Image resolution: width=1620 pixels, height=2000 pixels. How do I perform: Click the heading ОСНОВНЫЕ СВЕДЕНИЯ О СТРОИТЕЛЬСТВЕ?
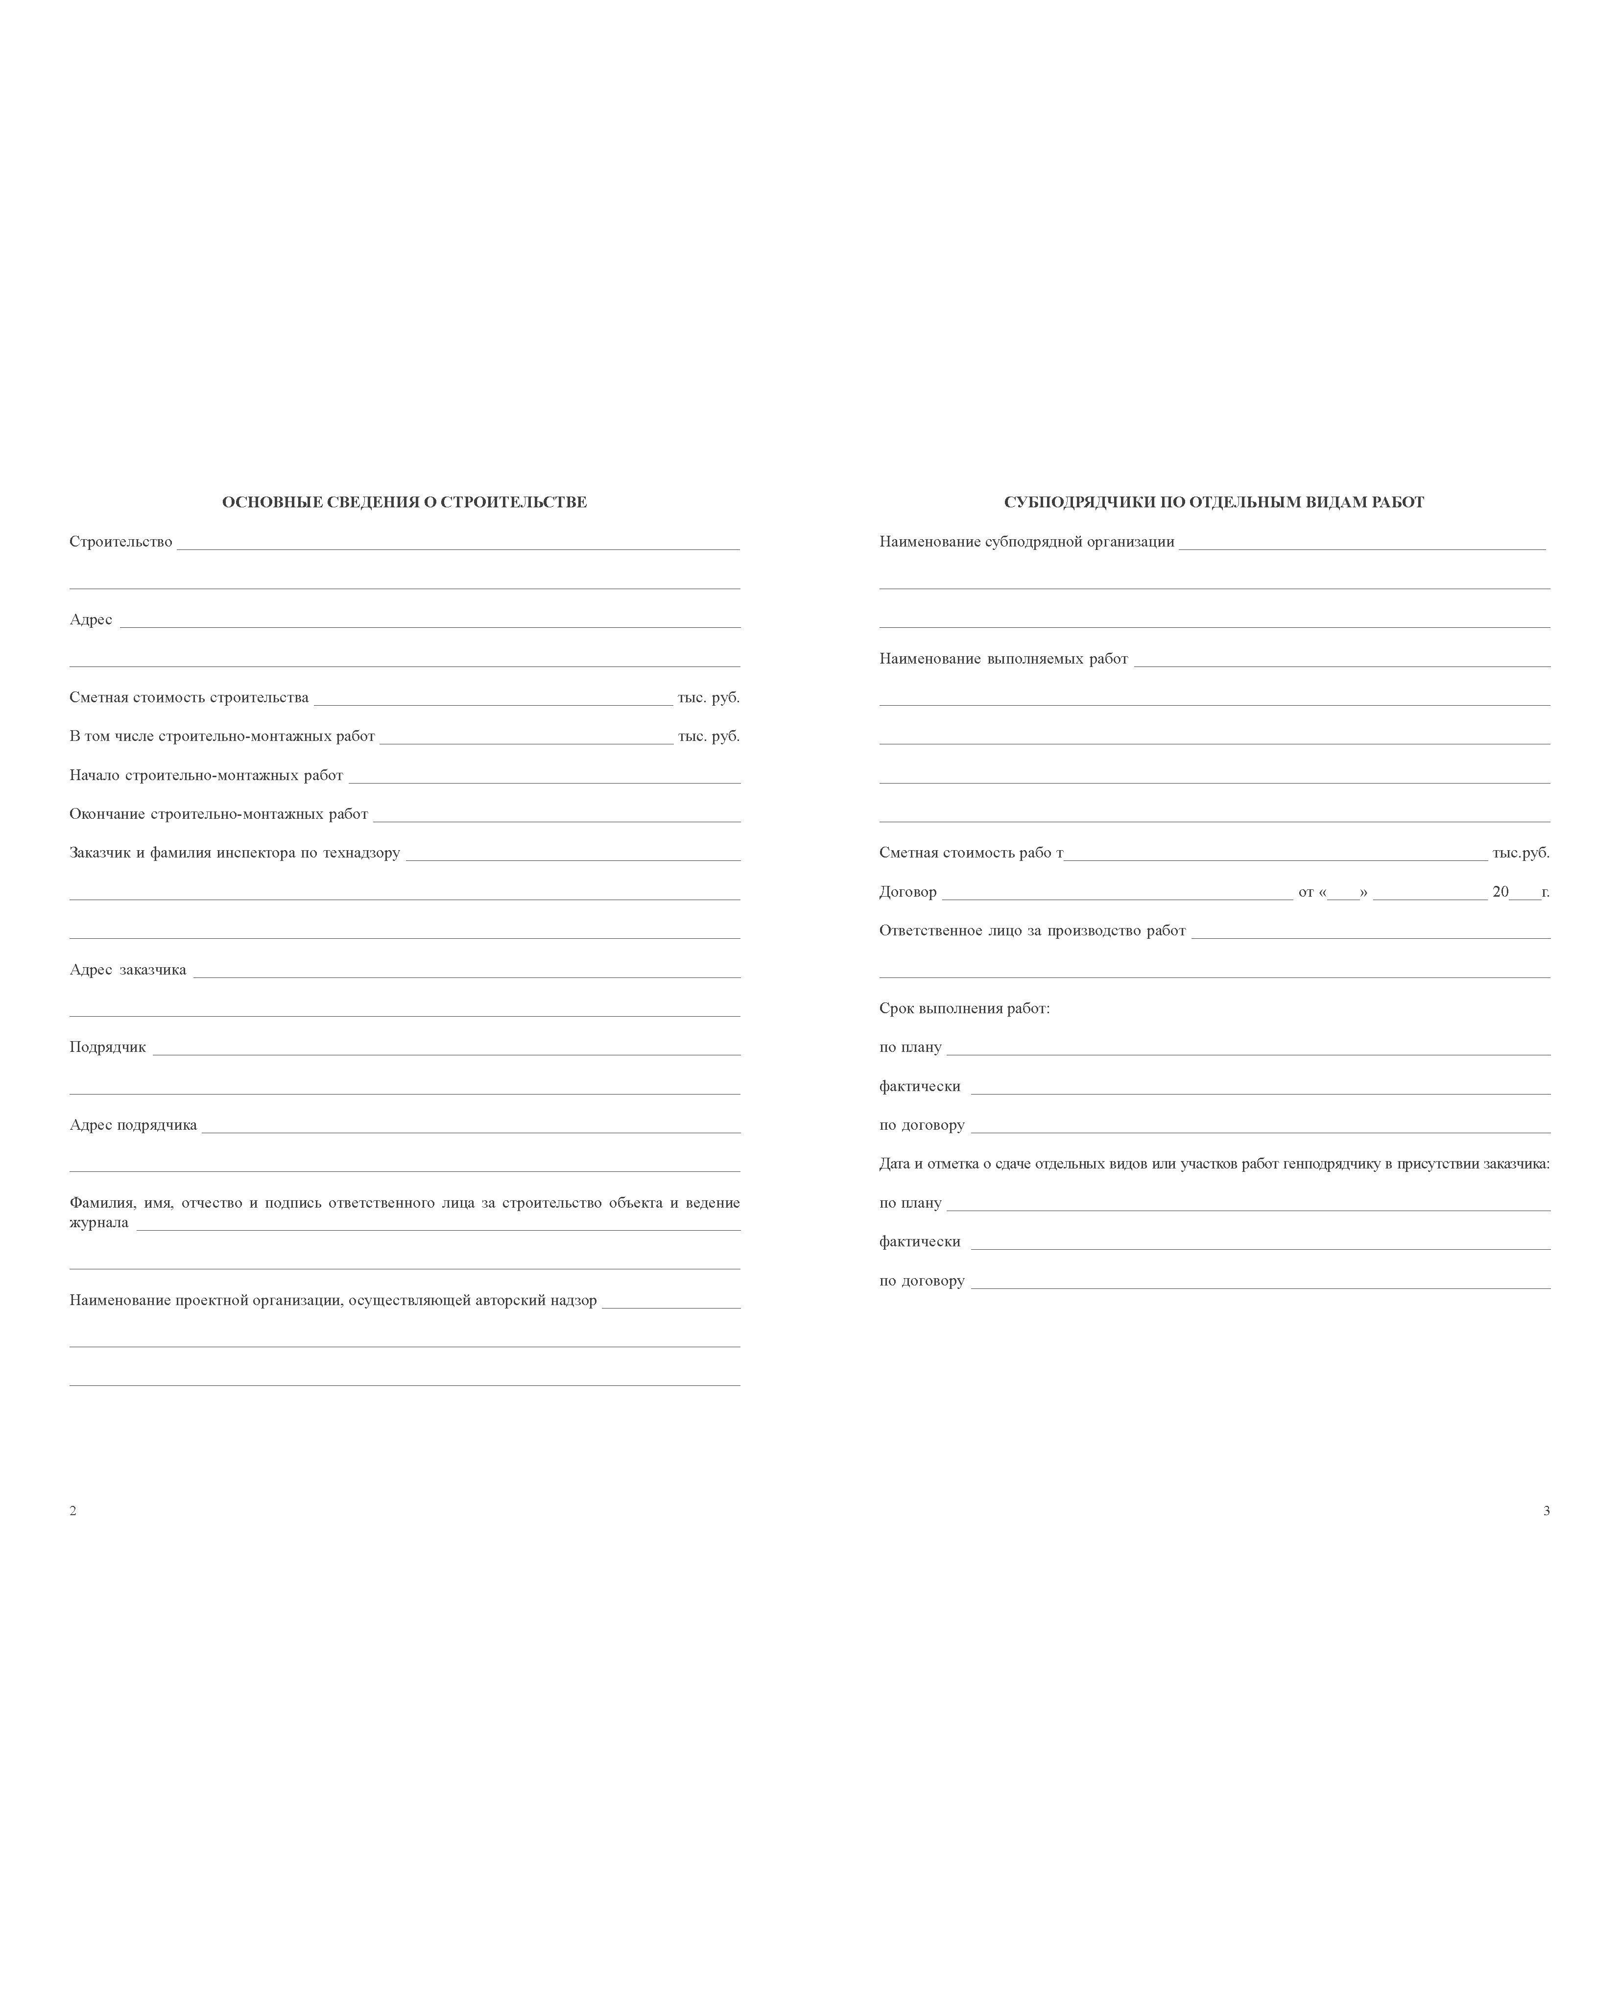pos(404,502)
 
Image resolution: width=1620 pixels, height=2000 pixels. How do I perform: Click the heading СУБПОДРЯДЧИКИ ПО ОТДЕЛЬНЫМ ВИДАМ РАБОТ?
pos(1213,502)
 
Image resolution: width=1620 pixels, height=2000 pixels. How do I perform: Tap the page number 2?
pos(73,1511)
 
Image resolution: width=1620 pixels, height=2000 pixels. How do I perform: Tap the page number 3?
pos(1546,1511)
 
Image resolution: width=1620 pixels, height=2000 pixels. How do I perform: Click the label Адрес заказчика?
pos(128,970)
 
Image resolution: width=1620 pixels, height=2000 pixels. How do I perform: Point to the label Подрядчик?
pos(107,1047)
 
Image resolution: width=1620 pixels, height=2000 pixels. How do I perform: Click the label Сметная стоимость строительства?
pos(189,698)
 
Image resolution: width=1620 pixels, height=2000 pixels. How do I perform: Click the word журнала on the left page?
pos(99,1223)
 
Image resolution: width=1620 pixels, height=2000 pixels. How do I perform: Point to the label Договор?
pos(907,892)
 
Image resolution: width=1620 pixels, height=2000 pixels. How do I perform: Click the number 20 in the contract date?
pos(1500,892)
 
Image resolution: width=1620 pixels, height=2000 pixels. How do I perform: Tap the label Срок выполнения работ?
pos(964,1009)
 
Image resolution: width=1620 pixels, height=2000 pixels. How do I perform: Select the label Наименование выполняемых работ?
pos(1003,659)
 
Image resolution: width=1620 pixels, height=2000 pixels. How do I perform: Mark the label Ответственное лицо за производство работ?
pos(1032,930)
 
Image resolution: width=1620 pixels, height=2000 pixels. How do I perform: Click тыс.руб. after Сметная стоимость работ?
pos(1520,853)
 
